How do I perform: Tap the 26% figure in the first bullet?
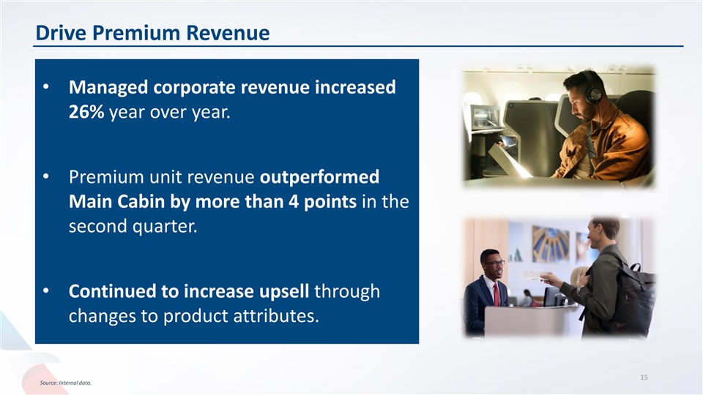[86, 112]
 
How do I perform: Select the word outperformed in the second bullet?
[320, 177]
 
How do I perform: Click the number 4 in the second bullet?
[294, 202]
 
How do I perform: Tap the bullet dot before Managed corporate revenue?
[45, 86]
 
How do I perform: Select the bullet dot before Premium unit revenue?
[45, 176]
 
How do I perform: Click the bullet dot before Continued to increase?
[45, 290]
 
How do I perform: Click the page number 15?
[644, 377]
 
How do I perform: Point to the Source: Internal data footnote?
[65, 383]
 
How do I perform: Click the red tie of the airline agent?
[496, 294]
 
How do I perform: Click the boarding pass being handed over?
[534, 276]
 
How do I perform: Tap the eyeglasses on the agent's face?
[494, 263]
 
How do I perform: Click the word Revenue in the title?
[228, 33]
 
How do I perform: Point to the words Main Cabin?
[116, 202]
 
